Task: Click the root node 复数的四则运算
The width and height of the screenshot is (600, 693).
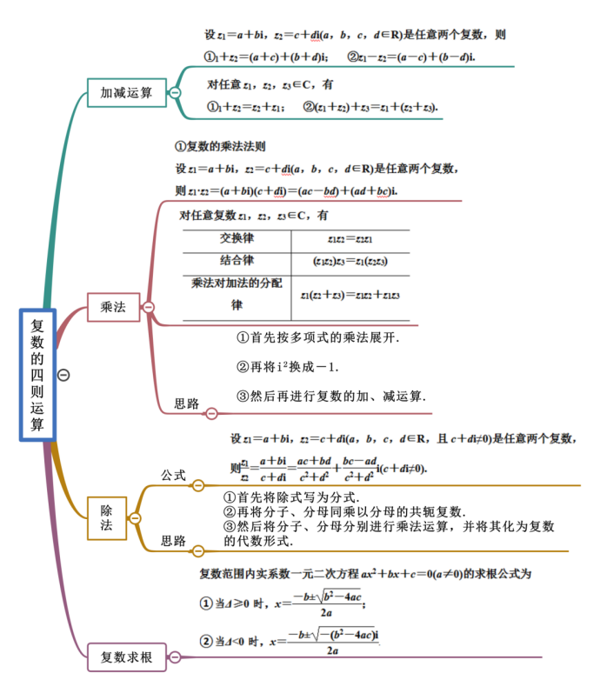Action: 37,375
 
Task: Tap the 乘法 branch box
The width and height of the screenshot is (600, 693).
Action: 113,307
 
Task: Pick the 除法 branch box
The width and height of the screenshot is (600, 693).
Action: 106,518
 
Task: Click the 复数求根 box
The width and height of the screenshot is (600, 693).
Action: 126,657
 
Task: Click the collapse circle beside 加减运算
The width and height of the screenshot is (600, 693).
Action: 175,93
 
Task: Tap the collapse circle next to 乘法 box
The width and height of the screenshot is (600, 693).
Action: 149,307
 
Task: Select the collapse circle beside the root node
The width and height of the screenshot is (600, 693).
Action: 63,375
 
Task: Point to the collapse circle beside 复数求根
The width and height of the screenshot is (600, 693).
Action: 175,657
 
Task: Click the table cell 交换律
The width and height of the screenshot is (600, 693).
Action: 237,238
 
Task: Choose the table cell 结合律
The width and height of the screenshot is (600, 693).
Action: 237,261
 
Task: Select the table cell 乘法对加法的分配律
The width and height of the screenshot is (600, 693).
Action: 237,294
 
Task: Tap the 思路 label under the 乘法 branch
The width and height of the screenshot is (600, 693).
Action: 187,403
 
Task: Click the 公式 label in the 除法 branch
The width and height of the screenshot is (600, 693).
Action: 174,475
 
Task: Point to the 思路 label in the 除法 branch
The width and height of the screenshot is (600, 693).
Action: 174,541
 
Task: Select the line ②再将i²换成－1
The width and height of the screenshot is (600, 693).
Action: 290,366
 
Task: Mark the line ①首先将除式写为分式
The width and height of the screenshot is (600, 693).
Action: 291,497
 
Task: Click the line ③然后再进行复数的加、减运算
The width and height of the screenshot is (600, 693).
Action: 331,396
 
